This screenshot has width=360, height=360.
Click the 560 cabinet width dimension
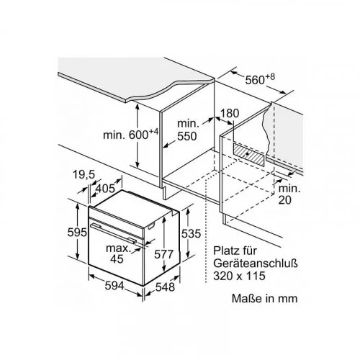click(x=260, y=79)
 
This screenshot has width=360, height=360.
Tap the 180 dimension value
click(x=230, y=113)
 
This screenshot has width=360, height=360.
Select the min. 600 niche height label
click(x=131, y=134)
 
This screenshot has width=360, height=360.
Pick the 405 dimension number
click(x=105, y=189)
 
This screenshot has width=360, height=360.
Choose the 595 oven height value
click(x=77, y=233)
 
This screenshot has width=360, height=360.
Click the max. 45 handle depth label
click(x=117, y=253)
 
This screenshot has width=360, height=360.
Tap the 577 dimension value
click(x=163, y=254)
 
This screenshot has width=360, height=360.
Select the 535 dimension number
click(x=191, y=233)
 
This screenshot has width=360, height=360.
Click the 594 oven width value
click(x=114, y=286)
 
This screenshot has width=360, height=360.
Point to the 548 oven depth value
click(x=165, y=287)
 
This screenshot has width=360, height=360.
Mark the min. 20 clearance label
click(x=289, y=194)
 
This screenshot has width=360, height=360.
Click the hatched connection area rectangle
click(x=248, y=155)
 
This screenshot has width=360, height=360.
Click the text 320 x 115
click(x=240, y=276)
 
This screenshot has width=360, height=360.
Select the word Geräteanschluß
click(x=256, y=264)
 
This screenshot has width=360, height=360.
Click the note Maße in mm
click(x=265, y=298)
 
